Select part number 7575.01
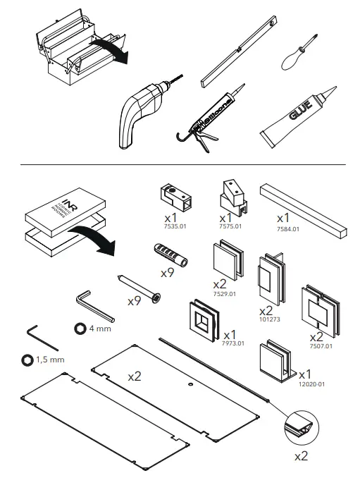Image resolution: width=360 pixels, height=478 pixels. coord(229,227)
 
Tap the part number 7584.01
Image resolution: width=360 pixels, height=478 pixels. coord(287,229)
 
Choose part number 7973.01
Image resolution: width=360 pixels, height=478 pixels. coord(232,343)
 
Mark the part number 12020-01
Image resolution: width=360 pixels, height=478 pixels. coord(310,384)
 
